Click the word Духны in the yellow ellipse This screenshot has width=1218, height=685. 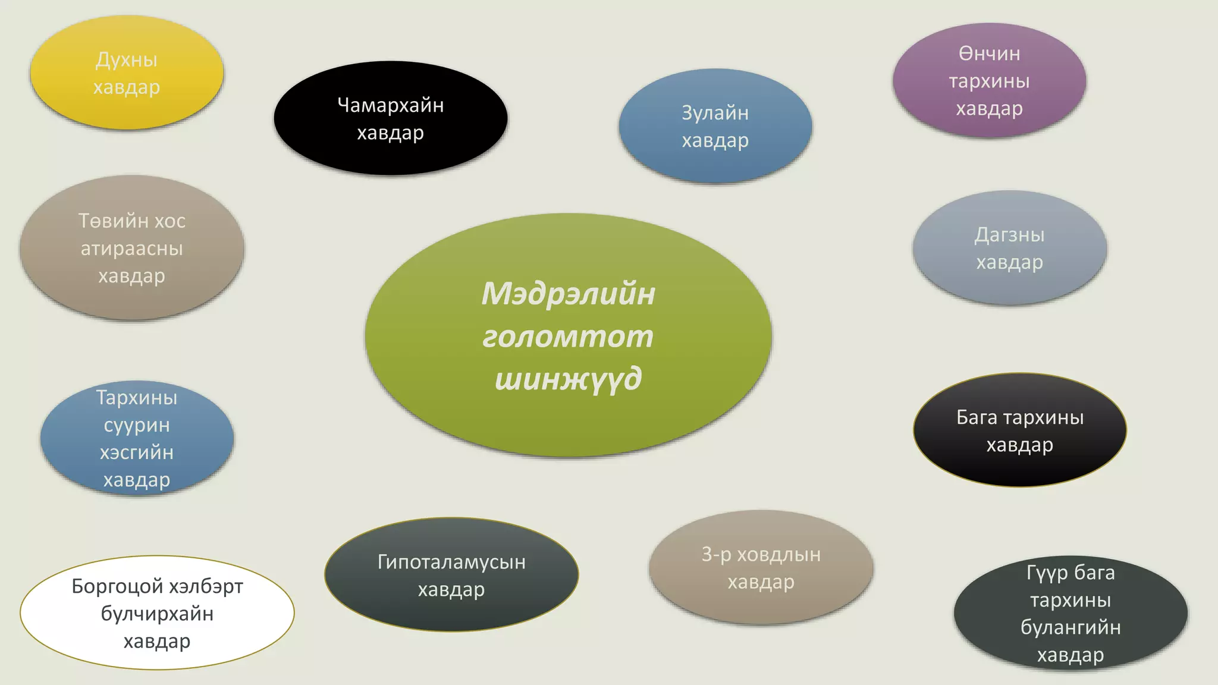point(127,60)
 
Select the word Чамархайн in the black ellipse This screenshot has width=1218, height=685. point(391,105)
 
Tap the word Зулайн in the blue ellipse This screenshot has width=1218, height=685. point(715,113)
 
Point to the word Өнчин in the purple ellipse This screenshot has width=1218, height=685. point(989,54)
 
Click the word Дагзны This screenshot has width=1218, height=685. point(1009,235)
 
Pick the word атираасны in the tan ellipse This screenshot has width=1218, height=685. point(132,249)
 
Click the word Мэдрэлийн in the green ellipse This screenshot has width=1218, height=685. point(568,294)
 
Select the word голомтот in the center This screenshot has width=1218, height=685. point(568,337)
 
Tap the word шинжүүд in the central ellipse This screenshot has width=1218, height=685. point(568,379)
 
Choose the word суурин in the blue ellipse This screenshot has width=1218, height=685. point(137,425)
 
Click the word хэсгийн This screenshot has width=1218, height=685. point(137,453)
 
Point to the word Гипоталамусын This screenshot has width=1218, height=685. point(451,562)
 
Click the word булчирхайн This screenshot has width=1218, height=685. point(157,614)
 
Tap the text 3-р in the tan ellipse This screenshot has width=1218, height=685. point(716,555)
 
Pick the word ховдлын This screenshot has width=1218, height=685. point(779,555)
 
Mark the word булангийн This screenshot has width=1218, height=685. point(1071,628)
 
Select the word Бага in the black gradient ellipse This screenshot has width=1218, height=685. point(977,417)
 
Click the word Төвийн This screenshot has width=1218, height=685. point(108,221)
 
